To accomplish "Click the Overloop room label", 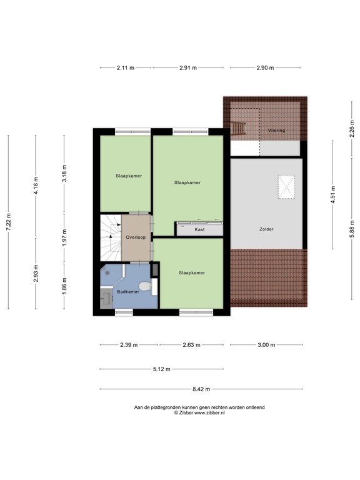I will coord(136,237).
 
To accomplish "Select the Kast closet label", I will coord(200,229).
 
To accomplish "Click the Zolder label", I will coord(267,229).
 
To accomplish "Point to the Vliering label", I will coord(277,131).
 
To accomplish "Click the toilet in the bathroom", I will coord(144,287).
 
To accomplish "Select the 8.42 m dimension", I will coord(201,388).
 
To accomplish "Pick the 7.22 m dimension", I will coord(8,221).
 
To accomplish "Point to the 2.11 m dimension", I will coord(125,67).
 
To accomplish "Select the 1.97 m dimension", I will coord(64,237).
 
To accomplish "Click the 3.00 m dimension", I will coord(266,344).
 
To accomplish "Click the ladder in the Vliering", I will coord(238,128).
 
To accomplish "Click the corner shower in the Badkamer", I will coord(110,273).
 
